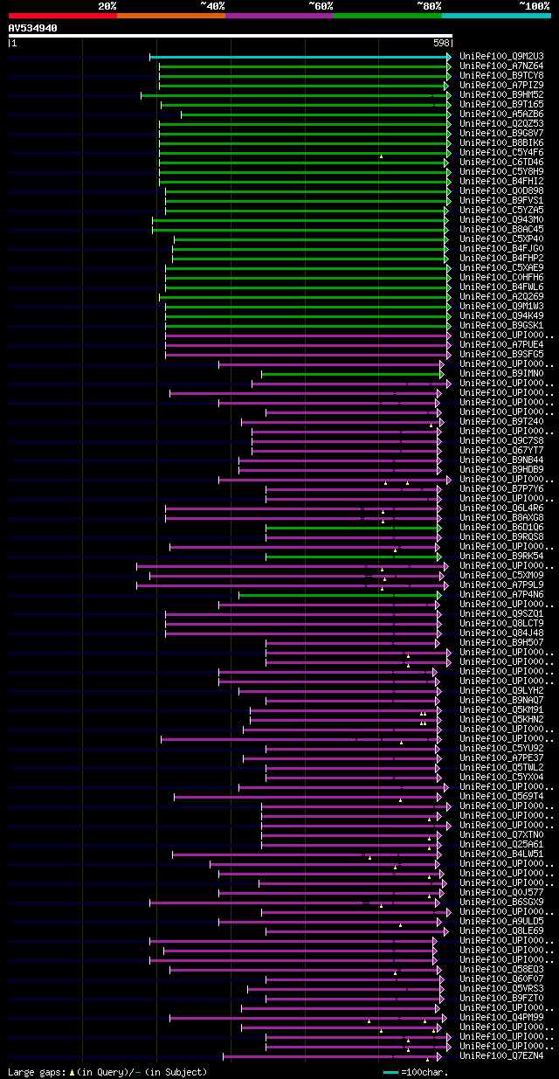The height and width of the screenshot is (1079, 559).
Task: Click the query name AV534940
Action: (x=33, y=28)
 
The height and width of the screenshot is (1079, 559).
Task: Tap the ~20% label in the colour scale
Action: (x=107, y=6)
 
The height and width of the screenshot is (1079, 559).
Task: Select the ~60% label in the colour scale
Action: (x=321, y=6)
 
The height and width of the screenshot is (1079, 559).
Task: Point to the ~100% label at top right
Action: (x=534, y=6)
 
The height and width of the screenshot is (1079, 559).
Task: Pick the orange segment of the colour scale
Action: (x=170, y=16)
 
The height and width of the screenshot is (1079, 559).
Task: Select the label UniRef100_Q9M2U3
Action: (x=501, y=57)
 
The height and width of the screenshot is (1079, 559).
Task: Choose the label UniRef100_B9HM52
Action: (x=501, y=95)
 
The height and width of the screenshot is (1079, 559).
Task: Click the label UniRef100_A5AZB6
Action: (x=501, y=114)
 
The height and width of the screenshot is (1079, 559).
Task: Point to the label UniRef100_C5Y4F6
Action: (x=501, y=153)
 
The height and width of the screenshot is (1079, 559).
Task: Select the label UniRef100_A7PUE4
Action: (x=501, y=344)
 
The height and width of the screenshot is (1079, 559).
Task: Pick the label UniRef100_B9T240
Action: (x=501, y=421)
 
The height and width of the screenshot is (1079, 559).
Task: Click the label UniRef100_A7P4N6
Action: (x=501, y=595)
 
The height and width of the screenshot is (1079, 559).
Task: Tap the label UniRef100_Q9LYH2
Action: (x=501, y=691)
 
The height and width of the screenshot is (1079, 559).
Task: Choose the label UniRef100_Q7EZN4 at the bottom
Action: (x=501, y=1056)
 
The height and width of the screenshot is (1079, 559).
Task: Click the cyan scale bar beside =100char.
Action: (x=390, y=1072)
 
